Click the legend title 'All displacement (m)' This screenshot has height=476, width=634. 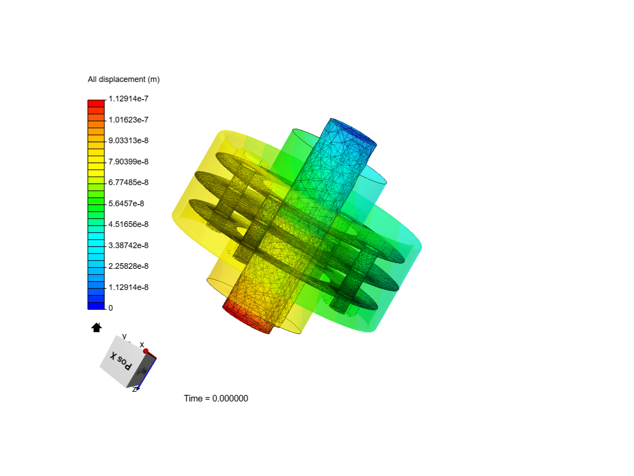[123, 79]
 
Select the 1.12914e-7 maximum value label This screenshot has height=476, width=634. [128, 99]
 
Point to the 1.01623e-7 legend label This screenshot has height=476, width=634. [128, 120]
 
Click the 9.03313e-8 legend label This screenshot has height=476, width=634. [128, 141]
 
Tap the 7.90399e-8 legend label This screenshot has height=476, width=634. [128, 162]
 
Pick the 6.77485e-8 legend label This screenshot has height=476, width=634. [128, 182]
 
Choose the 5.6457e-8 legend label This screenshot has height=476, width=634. [126, 204]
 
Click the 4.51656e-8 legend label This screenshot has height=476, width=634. [128, 224]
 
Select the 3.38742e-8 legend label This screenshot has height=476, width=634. [128, 245]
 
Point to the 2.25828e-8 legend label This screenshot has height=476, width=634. [128, 266]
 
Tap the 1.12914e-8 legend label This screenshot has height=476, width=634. [128, 287]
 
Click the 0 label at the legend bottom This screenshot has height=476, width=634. [111, 308]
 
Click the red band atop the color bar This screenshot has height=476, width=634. [96, 104]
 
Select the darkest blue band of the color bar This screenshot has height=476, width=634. [96, 306]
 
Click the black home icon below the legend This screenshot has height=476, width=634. [96, 327]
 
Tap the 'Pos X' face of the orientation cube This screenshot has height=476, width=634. [120, 361]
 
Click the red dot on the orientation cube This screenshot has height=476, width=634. [146, 351]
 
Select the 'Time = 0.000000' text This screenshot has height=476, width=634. [216, 398]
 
